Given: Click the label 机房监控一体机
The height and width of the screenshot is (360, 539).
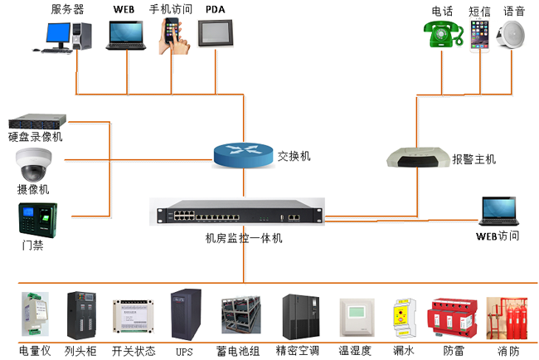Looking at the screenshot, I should [244, 238].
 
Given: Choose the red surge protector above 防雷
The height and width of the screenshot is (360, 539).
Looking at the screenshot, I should [449, 318].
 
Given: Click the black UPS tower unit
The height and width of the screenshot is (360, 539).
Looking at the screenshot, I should [184, 314].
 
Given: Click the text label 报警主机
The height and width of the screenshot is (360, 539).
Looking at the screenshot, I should [473, 158].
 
